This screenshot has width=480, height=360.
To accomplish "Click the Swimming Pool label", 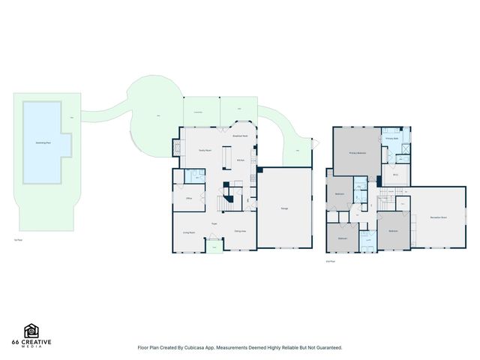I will [43, 142].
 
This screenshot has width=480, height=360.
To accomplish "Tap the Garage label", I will [285, 208].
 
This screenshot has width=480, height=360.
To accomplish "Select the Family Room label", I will [203, 151].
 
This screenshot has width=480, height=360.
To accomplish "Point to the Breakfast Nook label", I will [240, 136].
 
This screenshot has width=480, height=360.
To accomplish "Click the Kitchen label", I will [241, 160].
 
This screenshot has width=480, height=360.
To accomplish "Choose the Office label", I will [190, 199].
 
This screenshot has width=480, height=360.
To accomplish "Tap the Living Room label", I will [189, 232].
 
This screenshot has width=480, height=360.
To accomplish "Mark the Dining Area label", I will [240, 231].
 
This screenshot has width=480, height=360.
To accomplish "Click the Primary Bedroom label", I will [357, 153].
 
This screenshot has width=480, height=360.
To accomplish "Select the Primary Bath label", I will [391, 139].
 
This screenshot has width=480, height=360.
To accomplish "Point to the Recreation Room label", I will [439, 217].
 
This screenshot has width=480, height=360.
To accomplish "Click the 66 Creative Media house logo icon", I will [31, 331].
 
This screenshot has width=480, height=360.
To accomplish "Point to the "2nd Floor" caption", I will [330, 262].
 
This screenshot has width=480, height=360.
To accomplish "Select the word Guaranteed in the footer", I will [327, 348].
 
